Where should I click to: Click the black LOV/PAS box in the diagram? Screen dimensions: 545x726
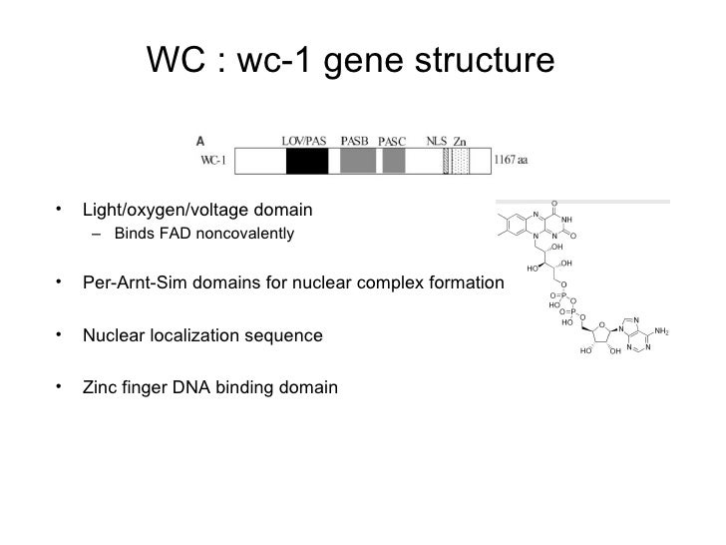tap(307, 161)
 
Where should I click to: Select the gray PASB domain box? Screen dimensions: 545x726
tap(357, 161)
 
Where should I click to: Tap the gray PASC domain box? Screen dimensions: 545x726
tap(394, 161)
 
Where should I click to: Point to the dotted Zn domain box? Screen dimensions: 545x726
tap(460, 161)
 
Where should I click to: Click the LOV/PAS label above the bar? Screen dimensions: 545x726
tap(304, 141)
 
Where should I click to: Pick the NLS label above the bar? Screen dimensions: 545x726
tap(436, 141)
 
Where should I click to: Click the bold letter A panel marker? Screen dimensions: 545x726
tap(200, 141)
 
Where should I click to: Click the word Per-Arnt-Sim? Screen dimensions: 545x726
tap(130, 283)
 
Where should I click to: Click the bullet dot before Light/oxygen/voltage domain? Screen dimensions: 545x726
tap(61, 211)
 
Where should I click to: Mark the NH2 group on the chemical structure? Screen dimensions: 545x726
tap(661, 330)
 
